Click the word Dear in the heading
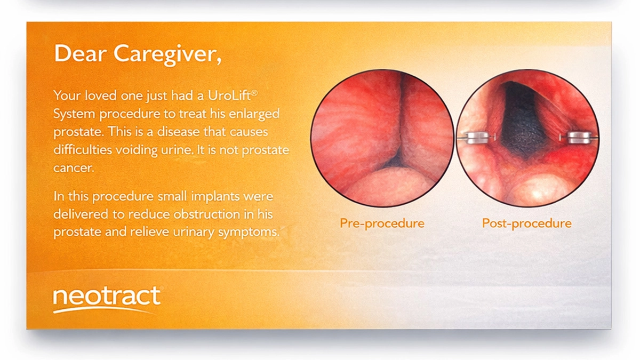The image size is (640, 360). click(81, 53)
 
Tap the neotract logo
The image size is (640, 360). click(107, 298)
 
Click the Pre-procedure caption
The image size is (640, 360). click(382, 223)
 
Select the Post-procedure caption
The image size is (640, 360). click(526, 223)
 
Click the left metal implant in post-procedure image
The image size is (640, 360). click(476, 139)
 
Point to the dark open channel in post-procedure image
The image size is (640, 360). click(523, 123)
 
